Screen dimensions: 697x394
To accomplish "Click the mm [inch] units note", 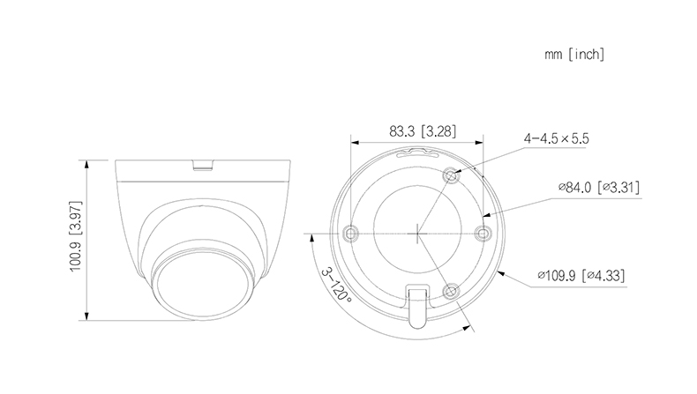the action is point(574,55).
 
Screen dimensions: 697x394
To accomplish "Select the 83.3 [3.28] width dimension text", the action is point(423,131).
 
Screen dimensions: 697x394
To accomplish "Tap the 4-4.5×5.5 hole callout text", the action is point(556,138).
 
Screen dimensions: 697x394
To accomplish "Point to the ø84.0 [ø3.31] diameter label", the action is point(599,187).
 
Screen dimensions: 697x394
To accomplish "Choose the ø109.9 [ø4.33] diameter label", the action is point(581,275).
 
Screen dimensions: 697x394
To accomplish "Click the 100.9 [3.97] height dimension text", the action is point(76,236).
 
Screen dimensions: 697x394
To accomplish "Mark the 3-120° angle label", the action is point(336,285).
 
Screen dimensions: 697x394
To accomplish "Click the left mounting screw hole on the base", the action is point(351,233).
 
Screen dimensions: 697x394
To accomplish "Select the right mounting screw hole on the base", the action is point(483,233).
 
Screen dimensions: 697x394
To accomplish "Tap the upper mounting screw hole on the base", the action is point(451,176).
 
